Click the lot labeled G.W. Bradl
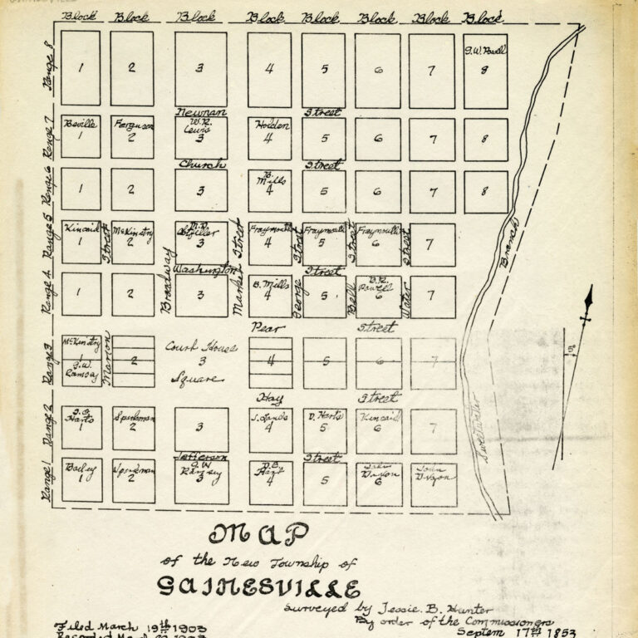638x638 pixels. pyautogui.click(x=485, y=70)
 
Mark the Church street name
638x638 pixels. pyautogui.click(x=202, y=164)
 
